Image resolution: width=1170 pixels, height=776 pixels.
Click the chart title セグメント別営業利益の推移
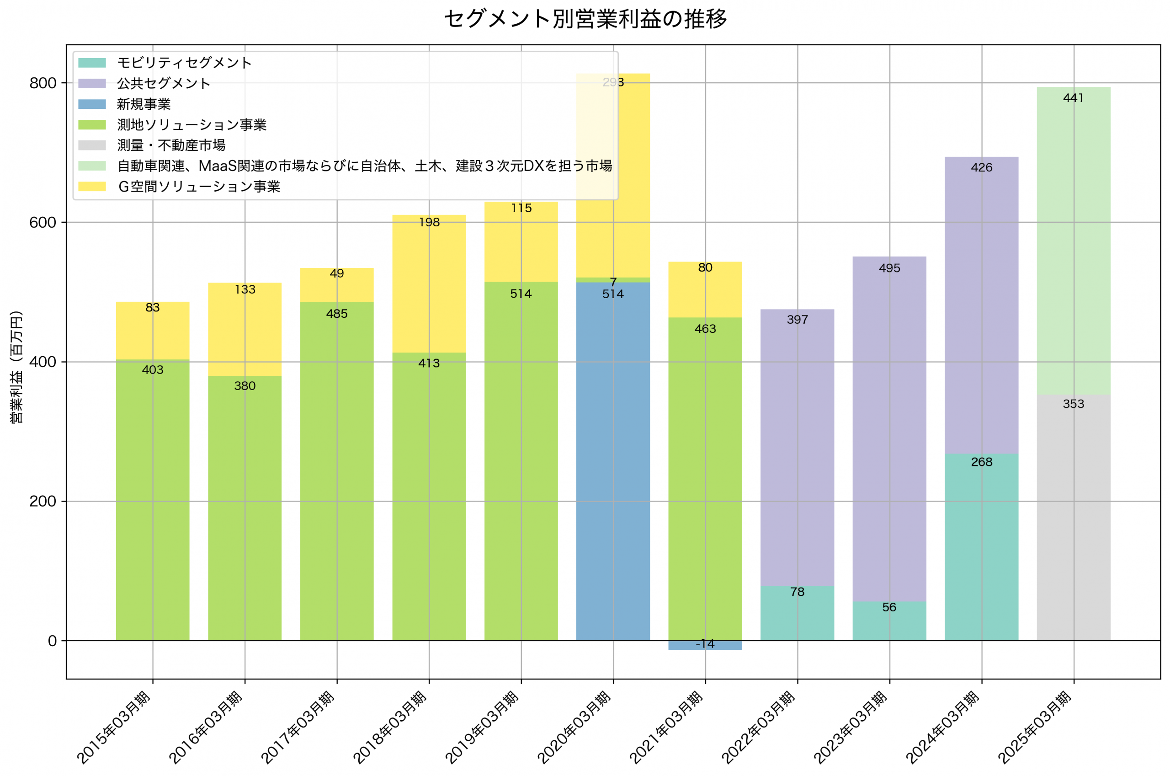585,19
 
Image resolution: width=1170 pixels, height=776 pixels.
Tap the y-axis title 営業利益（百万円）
16,367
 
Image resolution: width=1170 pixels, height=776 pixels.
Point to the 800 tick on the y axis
43,83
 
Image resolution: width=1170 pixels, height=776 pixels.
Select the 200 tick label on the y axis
43,501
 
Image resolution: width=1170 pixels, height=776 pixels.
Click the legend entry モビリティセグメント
185,63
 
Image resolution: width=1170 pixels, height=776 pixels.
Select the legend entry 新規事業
144,104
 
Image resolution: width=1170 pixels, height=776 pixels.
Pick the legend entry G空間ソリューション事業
199,187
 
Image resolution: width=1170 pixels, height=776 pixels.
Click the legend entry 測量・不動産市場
171,145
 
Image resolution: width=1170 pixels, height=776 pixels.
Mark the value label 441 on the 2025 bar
1073,98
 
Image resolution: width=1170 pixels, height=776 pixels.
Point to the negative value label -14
705,644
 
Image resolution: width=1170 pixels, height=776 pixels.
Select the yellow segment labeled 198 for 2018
429,282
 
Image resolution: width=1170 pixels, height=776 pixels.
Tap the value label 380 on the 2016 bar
245,386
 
